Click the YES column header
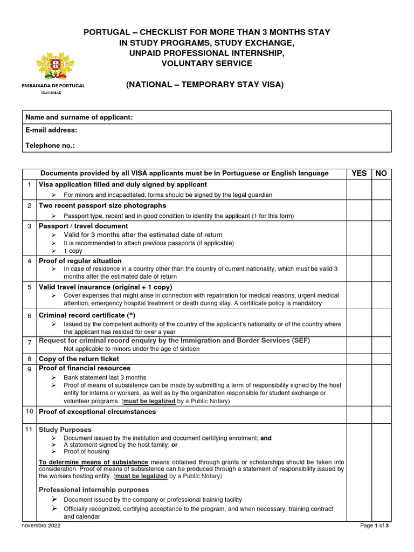coord(359,173)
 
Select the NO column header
coord(381,173)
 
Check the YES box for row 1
coord(359,189)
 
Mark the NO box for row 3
coord(381,238)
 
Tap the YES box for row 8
coord(359,358)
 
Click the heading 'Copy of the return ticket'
coord(79,358)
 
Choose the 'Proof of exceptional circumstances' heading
coord(97,412)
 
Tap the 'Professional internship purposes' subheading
coord(94,490)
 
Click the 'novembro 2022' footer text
coord(41,526)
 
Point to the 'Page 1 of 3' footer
coord(374,526)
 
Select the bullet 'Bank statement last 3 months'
coord(105,377)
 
